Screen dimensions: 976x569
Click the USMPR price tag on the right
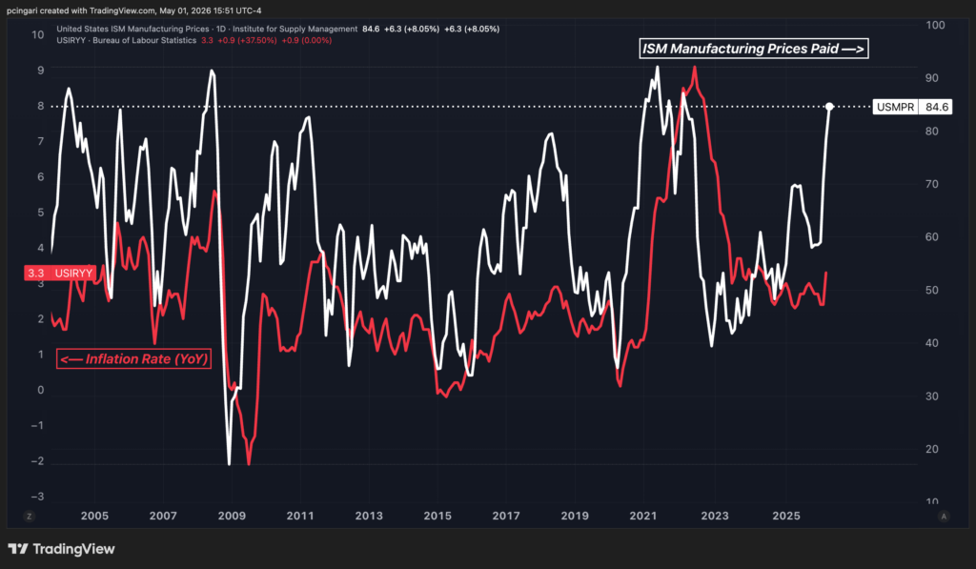point(912,107)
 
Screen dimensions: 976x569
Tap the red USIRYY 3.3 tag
point(60,273)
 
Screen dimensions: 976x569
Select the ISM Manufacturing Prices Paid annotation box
point(753,49)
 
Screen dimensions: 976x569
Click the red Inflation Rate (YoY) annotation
point(133,358)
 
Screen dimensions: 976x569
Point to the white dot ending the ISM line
point(829,107)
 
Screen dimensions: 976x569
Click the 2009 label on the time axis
point(232,516)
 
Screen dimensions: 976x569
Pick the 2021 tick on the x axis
point(643,516)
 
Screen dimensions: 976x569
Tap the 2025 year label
point(786,516)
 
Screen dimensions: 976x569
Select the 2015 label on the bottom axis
point(437,516)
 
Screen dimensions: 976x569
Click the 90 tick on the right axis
point(932,78)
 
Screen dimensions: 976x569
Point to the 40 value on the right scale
point(932,343)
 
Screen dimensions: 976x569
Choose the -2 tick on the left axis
point(37,460)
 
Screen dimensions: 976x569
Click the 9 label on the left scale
point(40,71)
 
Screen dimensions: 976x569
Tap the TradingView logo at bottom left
point(61,549)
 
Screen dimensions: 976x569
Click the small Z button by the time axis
point(29,516)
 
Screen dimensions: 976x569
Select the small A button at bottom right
point(945,516)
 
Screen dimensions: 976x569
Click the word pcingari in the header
point(23,10)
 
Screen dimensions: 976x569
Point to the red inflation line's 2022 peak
point(695,68)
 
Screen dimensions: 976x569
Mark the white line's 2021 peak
point(658,68)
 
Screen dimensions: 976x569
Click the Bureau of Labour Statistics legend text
point(145,40)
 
